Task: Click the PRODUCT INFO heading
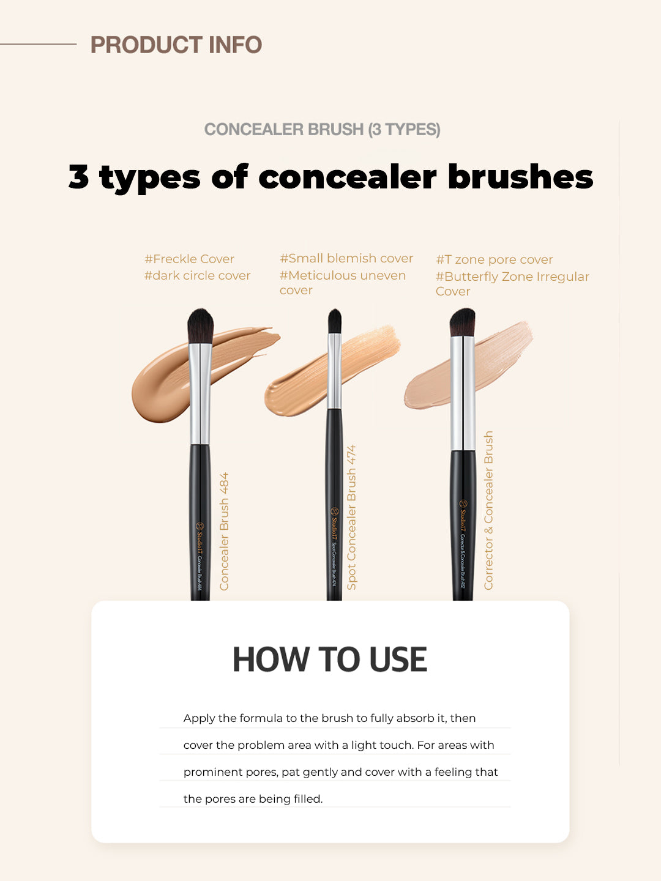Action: click(176, 45)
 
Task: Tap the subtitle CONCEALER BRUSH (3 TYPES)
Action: click(322, 129)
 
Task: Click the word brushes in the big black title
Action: click(520, 177)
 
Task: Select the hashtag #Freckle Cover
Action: click(189, 259)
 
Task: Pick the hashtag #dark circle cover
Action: click(197, 275)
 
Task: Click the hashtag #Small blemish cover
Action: click(346, 258)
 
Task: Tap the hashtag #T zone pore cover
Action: click(494, 259)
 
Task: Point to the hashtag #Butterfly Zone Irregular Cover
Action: click(512, 283)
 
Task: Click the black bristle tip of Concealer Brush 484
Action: click(200, 325)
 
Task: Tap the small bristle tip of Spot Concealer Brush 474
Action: click(334, 321)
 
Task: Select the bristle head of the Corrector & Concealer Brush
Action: click(462, 322)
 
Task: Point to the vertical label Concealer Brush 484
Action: click(224, 531)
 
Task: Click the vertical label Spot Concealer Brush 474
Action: click(351, 517)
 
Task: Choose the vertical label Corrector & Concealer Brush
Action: click(488, 510)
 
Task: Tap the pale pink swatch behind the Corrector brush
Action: click(428, 385)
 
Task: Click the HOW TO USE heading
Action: click(329, 660)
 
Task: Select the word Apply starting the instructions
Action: click(199, 718)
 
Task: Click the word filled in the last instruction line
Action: click(307, 799)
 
